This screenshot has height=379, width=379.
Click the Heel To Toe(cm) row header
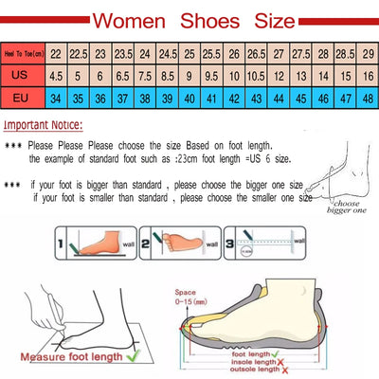click(x=22, y=55)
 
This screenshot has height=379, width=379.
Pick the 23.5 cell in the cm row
click(x=122, y=55)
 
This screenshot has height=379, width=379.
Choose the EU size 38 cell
click(x=122, y=97)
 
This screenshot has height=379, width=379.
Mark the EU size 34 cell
click(x=57, y=97)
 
